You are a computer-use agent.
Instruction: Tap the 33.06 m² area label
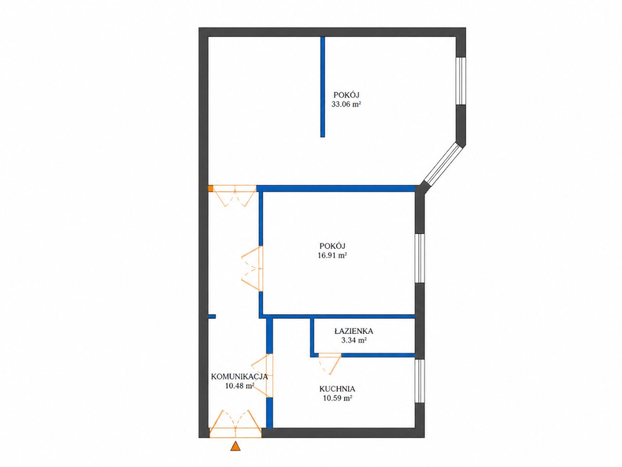346,104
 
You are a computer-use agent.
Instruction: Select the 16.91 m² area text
332,255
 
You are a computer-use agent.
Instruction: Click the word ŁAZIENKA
354,331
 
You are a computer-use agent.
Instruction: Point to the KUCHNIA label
337,389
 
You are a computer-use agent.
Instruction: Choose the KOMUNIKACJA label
240,377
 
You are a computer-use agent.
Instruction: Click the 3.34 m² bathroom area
354,340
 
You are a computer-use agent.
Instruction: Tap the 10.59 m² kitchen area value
338,398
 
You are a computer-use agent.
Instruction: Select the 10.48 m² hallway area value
240,386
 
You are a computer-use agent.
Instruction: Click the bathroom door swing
329,364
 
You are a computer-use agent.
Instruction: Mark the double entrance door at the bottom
235,423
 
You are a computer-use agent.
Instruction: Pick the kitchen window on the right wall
420,380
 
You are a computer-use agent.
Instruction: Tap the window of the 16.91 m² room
420,258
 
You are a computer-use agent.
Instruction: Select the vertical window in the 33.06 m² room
461,81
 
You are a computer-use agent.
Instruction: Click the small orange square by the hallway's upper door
210,188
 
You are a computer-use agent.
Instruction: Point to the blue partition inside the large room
323,87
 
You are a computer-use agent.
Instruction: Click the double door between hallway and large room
235,195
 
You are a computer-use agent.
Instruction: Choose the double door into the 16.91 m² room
252,268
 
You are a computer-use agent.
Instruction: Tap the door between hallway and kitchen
262,376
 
